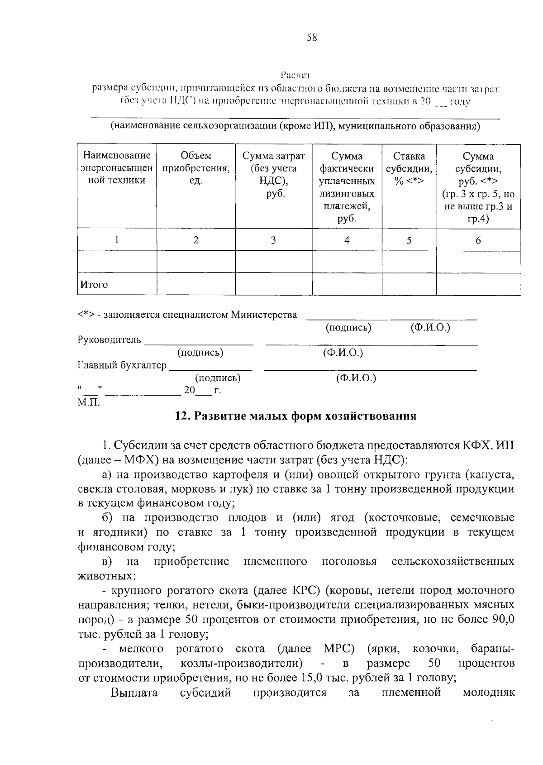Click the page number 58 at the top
coord(312,38)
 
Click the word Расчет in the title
coord(295,74)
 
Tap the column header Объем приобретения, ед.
coord(195,168)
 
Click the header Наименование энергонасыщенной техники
coord(117,168)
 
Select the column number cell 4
coord(347,240)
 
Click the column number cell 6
coord(478,240)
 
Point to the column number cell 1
coord(117,240)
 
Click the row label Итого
coord(94,285)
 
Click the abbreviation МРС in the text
coord(338,649)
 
